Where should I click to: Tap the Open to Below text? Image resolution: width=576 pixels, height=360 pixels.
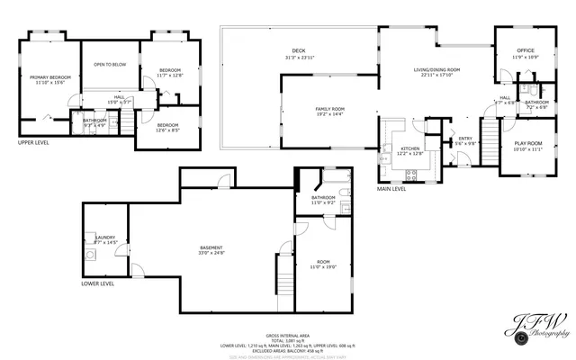tap(110, 65)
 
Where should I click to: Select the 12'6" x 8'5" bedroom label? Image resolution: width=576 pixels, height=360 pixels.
tap(168, 128)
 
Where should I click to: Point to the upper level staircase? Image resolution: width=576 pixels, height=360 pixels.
tap(129, 118)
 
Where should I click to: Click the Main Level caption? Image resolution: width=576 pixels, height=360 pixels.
tap(391, 189)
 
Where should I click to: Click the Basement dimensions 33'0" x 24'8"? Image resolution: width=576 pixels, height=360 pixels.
tap(211, 254)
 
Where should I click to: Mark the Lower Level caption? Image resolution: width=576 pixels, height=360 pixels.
tap(97, 283)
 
